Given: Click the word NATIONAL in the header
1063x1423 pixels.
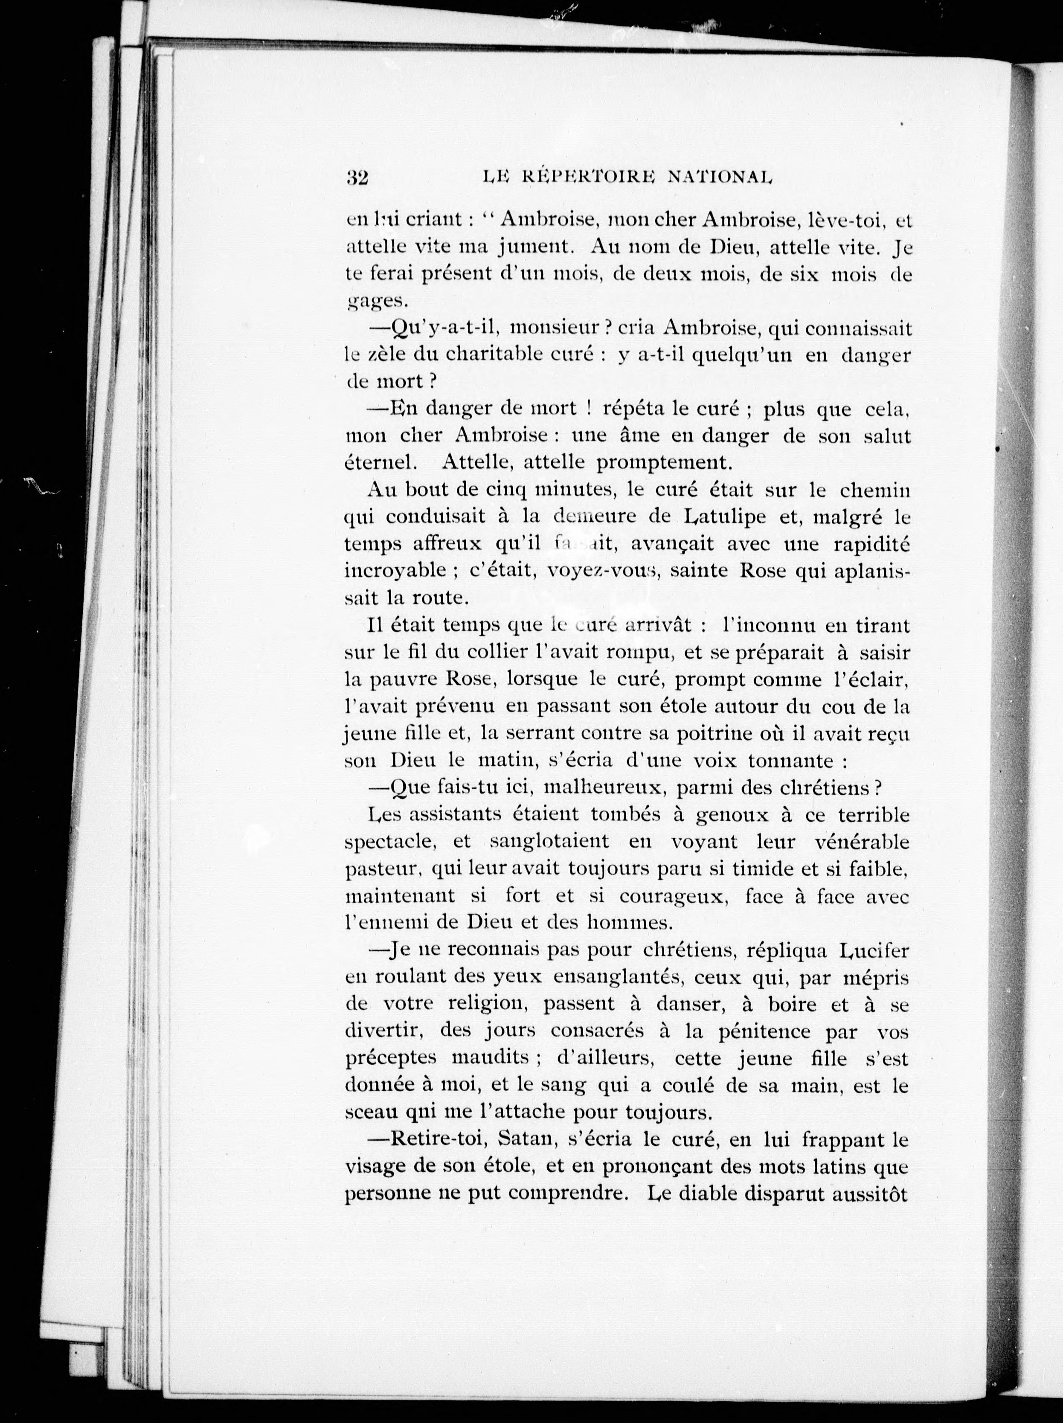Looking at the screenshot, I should click(x=719, y=177).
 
